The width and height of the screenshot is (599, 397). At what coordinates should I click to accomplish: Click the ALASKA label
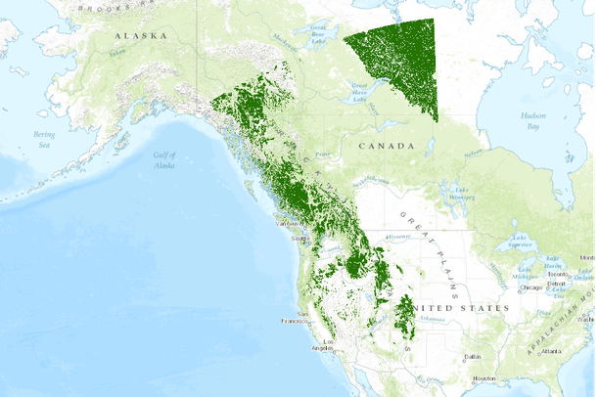coord(140,35)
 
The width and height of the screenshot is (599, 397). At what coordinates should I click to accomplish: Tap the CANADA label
coord(386,145)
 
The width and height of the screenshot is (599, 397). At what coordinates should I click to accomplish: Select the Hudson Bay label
coord(532,120)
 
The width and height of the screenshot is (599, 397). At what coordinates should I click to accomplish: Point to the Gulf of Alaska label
coord(164,160)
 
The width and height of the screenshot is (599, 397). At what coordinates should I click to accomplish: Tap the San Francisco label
coord(294,321)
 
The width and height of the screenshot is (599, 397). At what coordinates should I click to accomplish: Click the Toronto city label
coord(558,275)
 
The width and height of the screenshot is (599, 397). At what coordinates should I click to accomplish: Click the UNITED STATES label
coord(449,308)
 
